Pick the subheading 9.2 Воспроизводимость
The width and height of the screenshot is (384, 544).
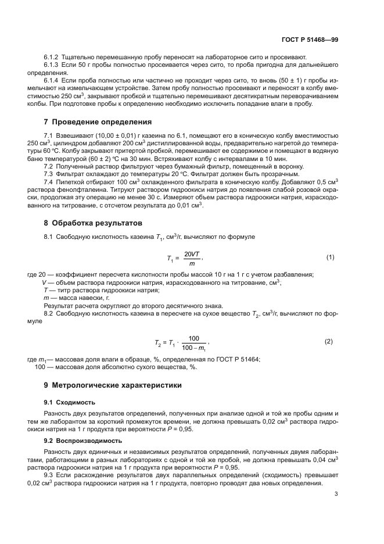[82, 441]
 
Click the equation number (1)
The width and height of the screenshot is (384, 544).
[330, 257]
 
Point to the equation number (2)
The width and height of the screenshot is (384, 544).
[330, 341]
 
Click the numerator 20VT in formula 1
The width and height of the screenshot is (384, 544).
[191, 254]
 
